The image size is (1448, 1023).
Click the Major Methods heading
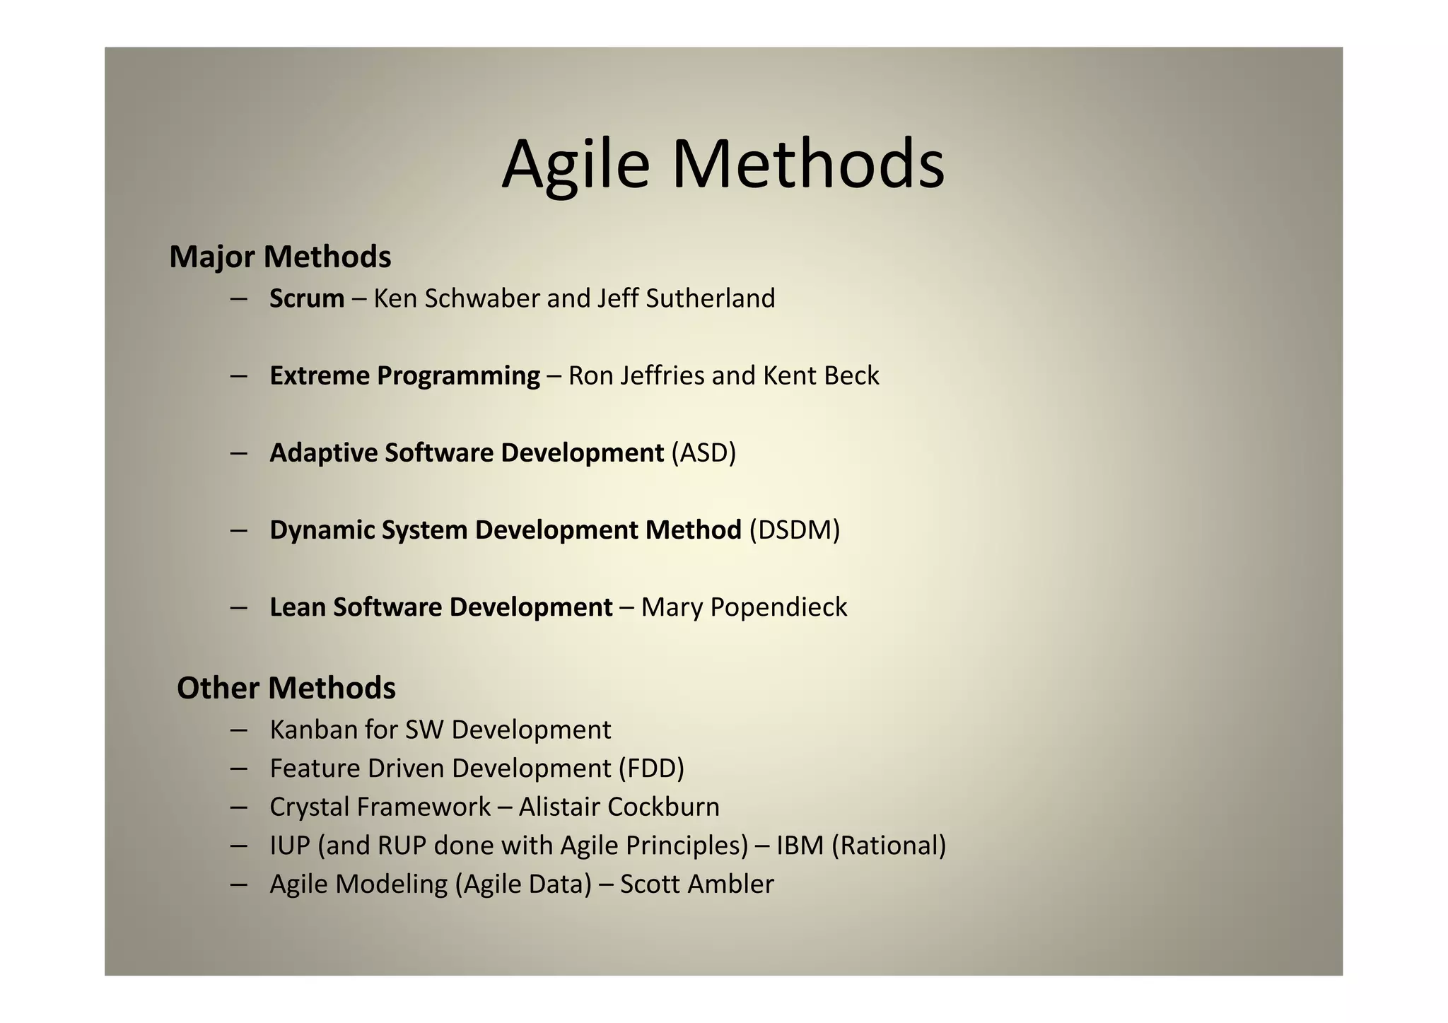tap(280, 257)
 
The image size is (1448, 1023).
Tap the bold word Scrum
tap(307, 299)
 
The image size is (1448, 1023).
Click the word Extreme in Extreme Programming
tap(320, 375)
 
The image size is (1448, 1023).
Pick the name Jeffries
tap(662, 375)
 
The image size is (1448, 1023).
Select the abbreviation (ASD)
tap(703, 453)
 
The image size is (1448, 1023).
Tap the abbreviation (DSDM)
tap(795, 530)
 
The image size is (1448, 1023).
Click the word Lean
tap(297, 607)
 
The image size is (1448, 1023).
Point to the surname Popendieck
tap(778, 607)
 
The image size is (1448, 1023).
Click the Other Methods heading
tap(286, 688)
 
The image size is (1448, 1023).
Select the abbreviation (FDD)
tap(651, 768)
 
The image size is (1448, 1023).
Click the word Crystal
tap(310, 807)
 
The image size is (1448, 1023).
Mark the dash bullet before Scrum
tap(238, 299)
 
